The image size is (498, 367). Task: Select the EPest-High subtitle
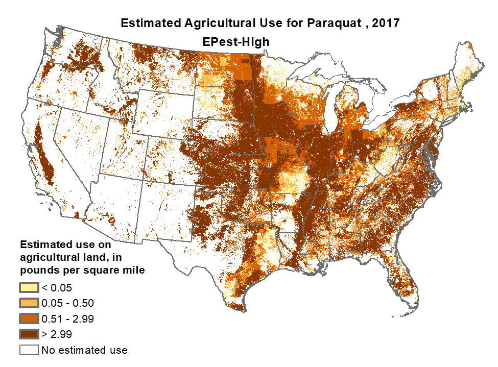click(x=235, y=42)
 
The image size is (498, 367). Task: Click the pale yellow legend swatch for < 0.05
click(x=29, y=287)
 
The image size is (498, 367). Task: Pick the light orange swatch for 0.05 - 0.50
click(x=29, y=303)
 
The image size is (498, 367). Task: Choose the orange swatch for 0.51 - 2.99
click(x=29, y=319)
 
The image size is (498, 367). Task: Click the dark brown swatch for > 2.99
click(x=29, y=335)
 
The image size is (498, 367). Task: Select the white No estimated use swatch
click(x=29, y=350)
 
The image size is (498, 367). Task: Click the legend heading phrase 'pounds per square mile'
click(x=82, y=270)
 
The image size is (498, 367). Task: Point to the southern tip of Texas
click(x=236, y=306)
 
